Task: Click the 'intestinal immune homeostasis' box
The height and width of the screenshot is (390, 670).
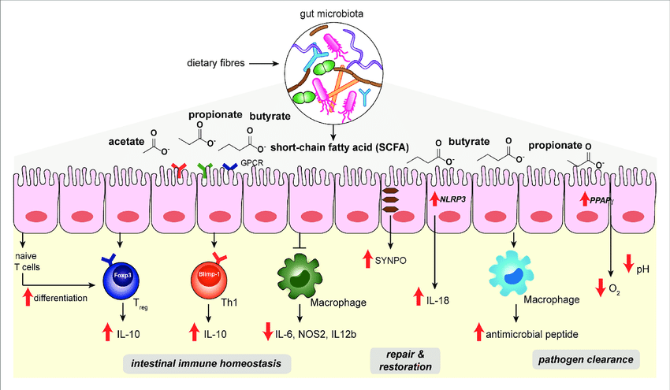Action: click(207, 363)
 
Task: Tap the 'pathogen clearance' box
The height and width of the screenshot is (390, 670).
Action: click(586, 360)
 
